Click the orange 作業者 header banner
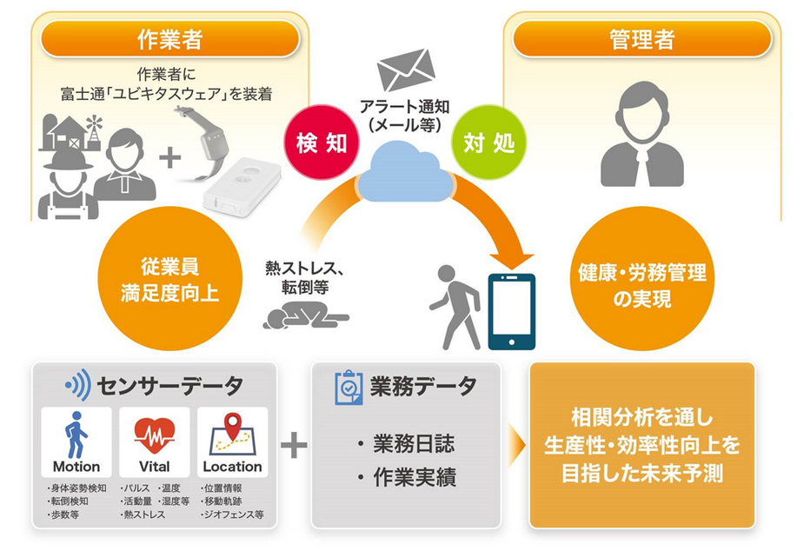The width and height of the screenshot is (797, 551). [169, 38]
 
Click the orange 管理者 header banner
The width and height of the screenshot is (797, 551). [642, 38]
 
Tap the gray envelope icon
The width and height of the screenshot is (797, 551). [406, 70]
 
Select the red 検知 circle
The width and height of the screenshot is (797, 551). [322, 143]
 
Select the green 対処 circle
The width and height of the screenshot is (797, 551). [489, 143]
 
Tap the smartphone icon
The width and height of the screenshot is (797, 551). [511, 312]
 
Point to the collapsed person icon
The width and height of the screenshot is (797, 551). [305, 315]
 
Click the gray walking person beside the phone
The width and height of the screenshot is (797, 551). [455, 307]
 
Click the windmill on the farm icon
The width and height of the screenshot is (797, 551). [95, 128]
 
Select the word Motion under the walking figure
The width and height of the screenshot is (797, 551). [76, 467]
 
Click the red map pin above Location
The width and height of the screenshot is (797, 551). [233, 426]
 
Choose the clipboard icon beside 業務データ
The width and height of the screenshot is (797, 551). [349, 388]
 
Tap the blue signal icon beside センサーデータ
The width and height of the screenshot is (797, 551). [77, 385]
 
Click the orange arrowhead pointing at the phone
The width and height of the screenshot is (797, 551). [511, 260]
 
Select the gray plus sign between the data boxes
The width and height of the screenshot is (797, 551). [294, 446]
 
